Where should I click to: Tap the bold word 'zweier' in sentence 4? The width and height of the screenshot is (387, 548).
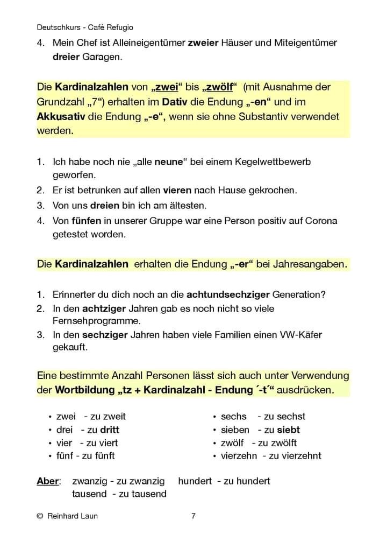pyautogui.click(x=203, y=43)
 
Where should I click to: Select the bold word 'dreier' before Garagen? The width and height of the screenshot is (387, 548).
pyautogui.click(x=66, y=56)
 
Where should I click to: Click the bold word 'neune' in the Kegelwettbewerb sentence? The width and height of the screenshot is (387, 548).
pyautogui.click(x=169, y=161)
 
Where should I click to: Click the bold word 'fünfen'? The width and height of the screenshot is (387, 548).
pyautogui.click(x=86, y=221)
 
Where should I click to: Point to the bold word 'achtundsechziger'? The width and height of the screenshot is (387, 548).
pyautogui.click(x=228, y=294)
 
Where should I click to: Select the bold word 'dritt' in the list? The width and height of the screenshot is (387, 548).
pyautogui.click(x=110, y=430)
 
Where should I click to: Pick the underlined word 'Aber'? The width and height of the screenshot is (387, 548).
pyautogui.click(x=47, y=481)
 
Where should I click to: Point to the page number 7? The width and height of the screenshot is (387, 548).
pyautogui.click(x=193, y=516)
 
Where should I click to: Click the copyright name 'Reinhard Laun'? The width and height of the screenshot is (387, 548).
pyautogui.click(x=73, y=516)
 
